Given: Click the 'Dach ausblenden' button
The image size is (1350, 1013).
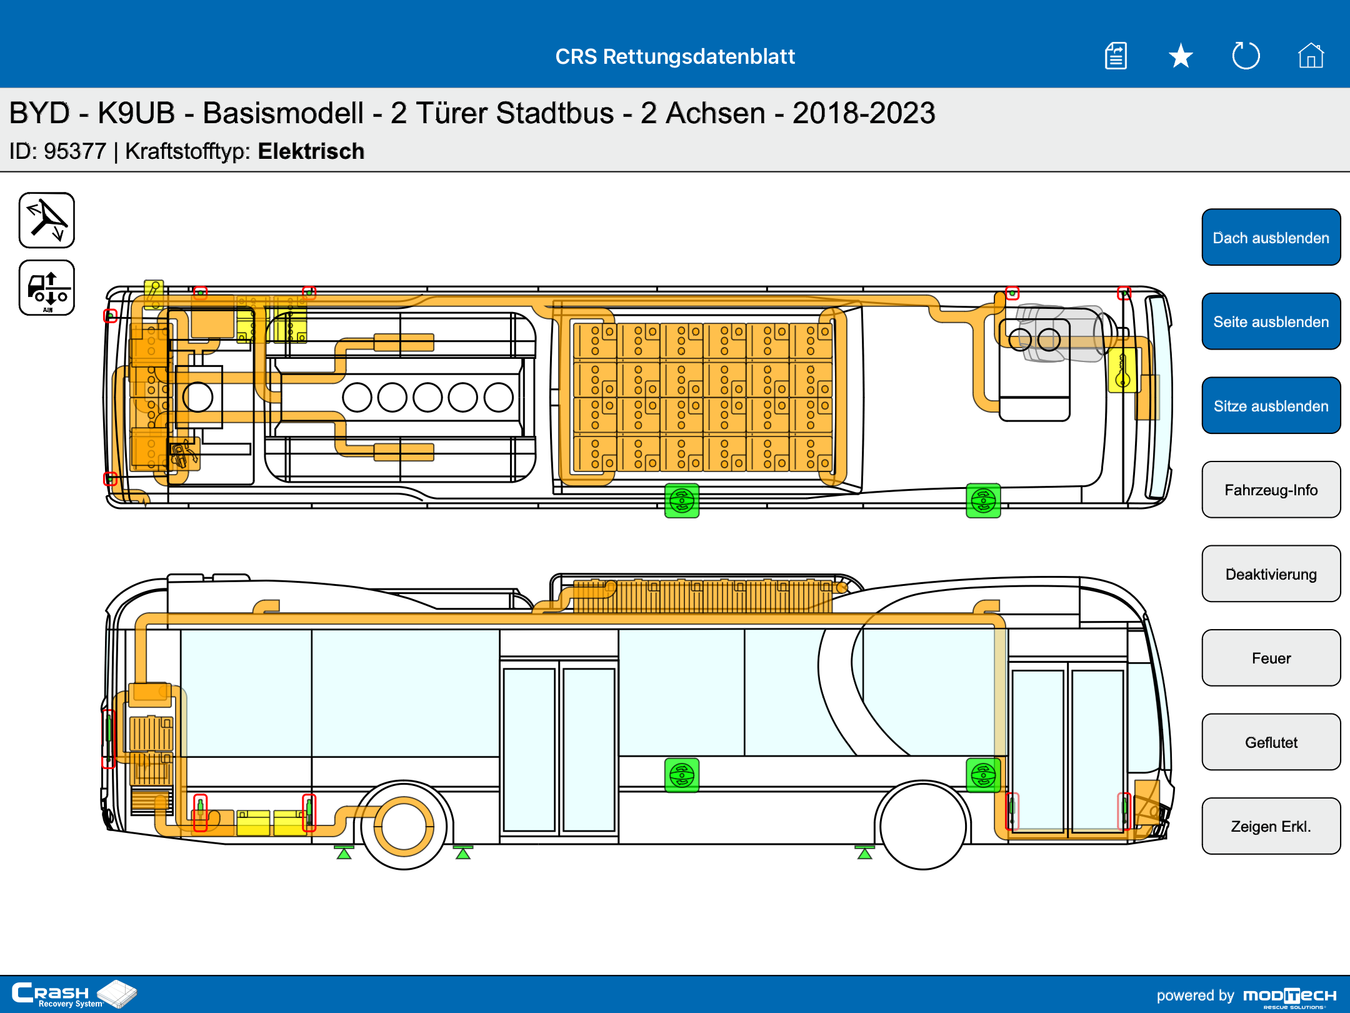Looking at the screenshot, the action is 1271,238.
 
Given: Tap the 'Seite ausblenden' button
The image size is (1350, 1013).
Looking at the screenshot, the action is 1271,321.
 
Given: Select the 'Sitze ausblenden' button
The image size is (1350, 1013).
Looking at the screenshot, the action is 1271,406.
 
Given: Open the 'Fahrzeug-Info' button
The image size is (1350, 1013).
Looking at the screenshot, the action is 1271,490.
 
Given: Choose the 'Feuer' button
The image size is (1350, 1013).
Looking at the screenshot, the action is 1271,658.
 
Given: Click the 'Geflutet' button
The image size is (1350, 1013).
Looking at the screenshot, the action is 1271,742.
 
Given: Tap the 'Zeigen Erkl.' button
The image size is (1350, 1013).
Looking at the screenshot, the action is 1271,826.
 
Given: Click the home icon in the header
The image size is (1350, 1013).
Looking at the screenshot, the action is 1311,56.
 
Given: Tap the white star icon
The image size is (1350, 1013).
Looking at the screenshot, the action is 1181,56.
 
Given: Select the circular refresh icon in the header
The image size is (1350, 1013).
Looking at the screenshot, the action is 1246,56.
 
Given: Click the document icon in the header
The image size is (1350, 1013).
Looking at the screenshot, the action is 1116,56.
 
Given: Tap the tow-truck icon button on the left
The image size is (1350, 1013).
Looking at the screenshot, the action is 47,288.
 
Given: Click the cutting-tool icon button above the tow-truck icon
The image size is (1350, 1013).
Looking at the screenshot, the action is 47,220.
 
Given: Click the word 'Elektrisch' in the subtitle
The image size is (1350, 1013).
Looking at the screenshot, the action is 311,151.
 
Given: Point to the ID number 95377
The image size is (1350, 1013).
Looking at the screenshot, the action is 75,151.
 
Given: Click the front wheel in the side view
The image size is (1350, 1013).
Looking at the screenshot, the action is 922,825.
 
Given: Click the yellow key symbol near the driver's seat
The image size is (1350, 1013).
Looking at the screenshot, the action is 1122,370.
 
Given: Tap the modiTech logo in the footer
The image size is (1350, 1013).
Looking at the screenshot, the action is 1289,996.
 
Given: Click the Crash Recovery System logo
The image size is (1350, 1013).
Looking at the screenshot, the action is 74,994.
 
